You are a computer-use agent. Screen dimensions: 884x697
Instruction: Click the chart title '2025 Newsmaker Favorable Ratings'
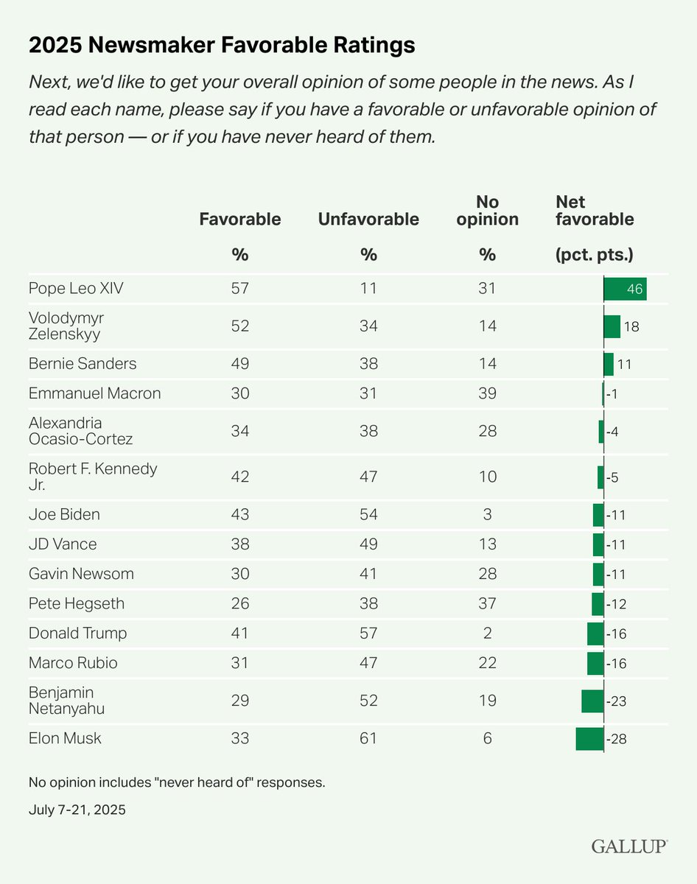click(222, 46)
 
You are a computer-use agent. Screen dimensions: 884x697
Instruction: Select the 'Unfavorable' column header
click(368, 220)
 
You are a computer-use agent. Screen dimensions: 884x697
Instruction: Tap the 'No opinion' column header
click(487, 211)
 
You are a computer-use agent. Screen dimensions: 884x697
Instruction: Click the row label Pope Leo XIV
click(76, 289)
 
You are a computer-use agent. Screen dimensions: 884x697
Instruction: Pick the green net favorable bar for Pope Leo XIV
click(625, 289)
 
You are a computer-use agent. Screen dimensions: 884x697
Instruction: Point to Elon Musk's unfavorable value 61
click(368, 738)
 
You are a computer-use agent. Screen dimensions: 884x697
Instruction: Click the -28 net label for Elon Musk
click(615, 738)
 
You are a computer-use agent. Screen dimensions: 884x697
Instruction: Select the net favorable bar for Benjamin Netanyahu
click(592, 701)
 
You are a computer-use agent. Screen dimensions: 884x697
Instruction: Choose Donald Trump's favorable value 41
click(239, 634)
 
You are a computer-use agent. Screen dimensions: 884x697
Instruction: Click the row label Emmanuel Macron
click(94, 393)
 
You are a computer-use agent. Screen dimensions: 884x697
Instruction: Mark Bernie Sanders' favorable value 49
click(239, 364)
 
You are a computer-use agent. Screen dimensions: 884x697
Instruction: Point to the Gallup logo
click(629, 846)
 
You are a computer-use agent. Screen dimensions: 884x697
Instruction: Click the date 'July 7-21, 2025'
click(77, 810)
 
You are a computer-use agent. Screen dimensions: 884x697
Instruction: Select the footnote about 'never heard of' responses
click(177, 782)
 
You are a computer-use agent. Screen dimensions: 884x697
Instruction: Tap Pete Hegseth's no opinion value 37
click(487, 604)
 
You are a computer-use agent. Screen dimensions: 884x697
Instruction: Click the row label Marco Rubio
click(73, 663)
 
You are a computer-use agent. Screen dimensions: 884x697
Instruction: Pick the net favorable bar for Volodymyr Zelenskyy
click(612, 326)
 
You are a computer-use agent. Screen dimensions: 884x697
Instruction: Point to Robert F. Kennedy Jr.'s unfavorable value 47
click(368, 477)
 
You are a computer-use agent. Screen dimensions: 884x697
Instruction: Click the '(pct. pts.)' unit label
click(594, 255)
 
